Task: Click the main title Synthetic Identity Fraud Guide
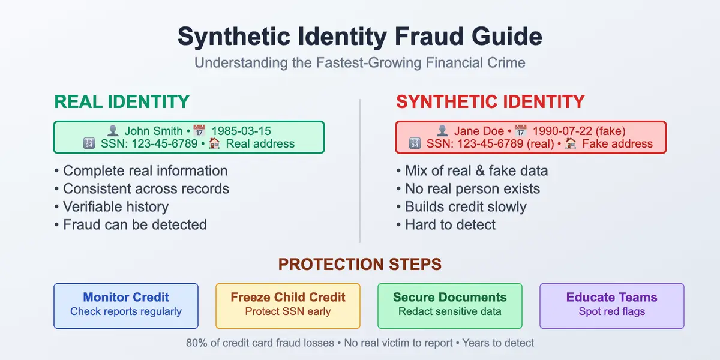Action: (x=360, y=37)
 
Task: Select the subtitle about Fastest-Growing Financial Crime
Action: (x=360, y=63)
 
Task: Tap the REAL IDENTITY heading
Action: (x=122, y=101)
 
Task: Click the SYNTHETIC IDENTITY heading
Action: (x=490, y=101)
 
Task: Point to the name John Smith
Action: (x=153, y=131)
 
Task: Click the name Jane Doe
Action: (x=479, y=131)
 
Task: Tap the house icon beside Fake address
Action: (x=571, y=144)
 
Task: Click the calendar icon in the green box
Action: (x=199, y=131)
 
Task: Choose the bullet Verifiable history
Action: (x=116, y=207)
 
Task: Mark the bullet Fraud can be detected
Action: (x=135, y=225)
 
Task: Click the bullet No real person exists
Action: (x=472, y=189)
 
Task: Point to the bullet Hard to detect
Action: (x=450, y=225)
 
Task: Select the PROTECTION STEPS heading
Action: (x=360, y=265)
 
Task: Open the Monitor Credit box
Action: (x=126, y=305)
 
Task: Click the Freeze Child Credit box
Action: (x=288, y=305)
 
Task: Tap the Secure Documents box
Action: (x=450, y=305)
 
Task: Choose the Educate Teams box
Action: (x=612, y=305)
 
